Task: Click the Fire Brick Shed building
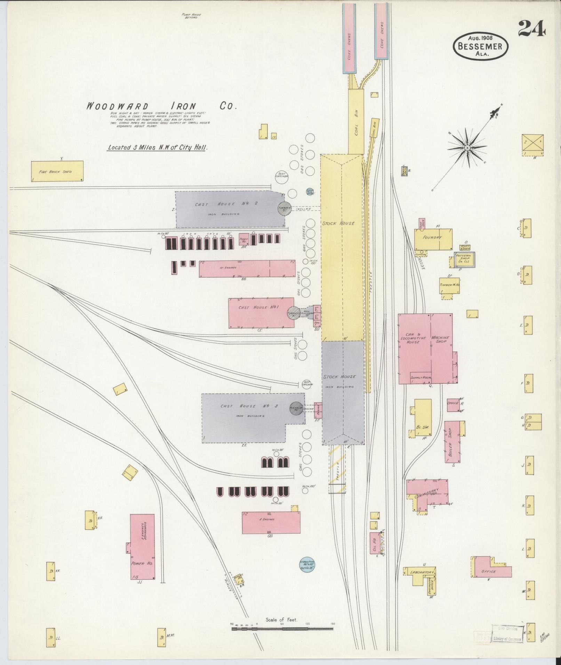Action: [57, 171]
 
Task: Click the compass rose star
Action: [467, 148]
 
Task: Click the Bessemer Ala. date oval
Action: [480, 46]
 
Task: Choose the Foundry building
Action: [433, 239]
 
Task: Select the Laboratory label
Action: [422, 573]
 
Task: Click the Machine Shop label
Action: [441, 340]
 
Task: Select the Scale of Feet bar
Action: [282, 628]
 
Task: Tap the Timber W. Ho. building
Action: [449, 285]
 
